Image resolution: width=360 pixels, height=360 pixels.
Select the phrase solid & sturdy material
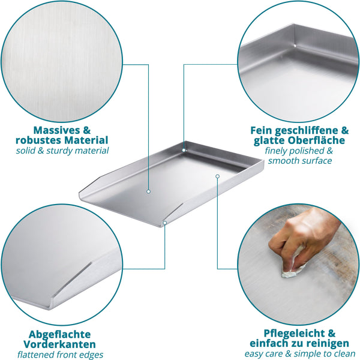pyautogui.click(x=63, y=151)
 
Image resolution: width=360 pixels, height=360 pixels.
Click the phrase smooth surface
pyautogui.click(x=299, y=161)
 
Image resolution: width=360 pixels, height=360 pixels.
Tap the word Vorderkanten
pyautogui.click(x=62, y=345)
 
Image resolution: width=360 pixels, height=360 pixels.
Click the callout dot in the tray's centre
pyautogui.click(x=148, y=191)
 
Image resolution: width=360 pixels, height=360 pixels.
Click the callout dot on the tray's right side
pyautogui.click(x=217, y=176)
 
